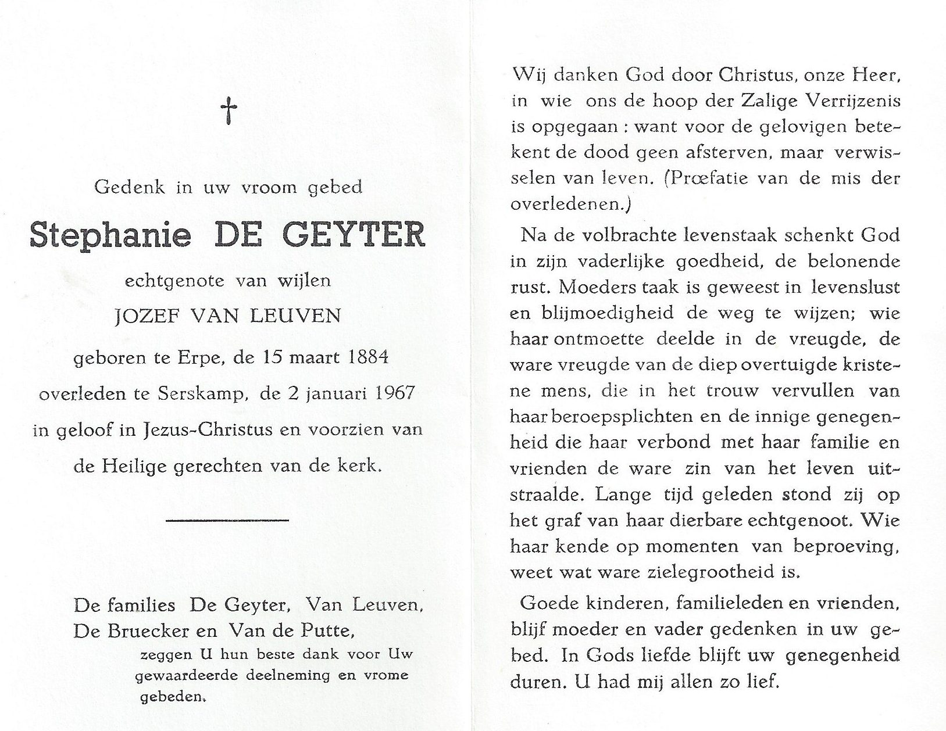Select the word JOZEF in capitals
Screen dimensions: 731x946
point(145,316)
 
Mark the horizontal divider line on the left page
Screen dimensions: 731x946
point(227,520)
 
